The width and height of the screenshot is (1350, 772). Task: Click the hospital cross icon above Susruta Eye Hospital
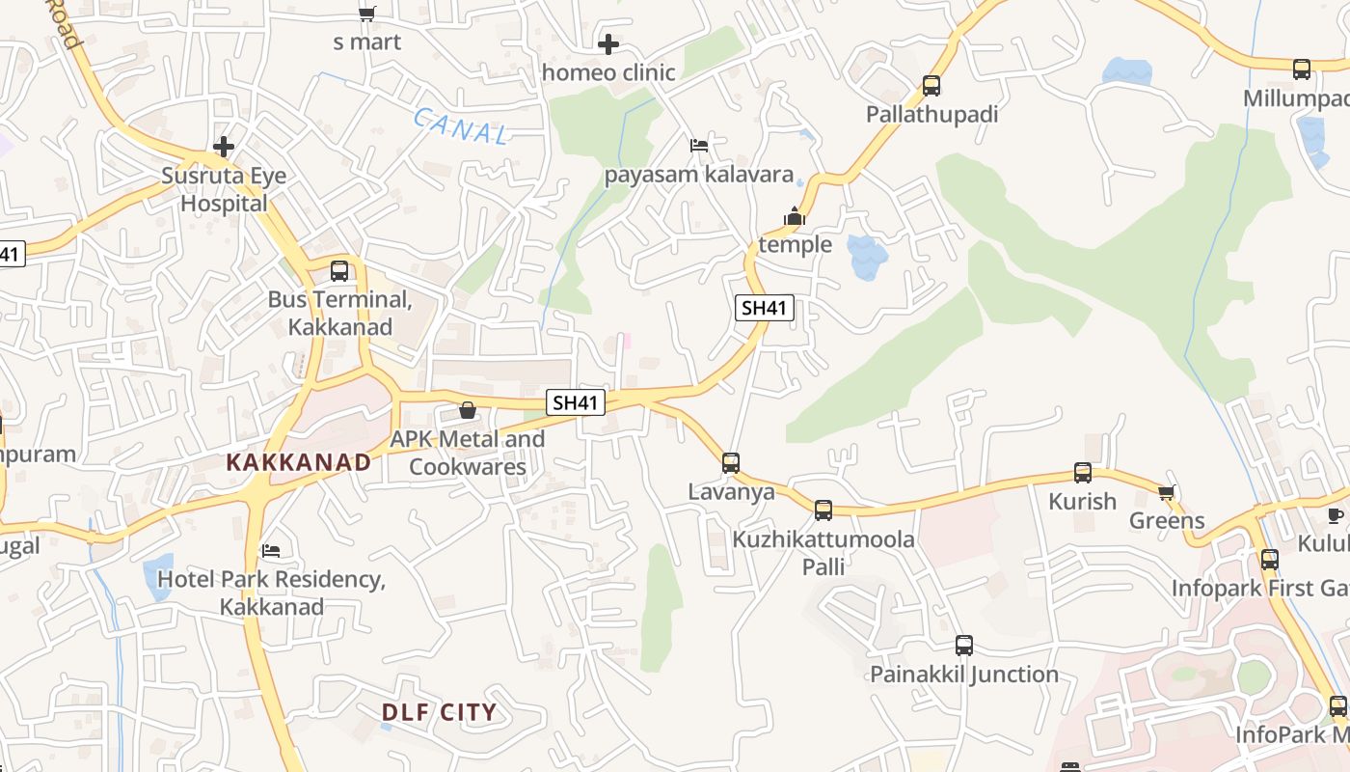(224, 147)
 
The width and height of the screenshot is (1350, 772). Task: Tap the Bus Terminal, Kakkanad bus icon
(338, 271)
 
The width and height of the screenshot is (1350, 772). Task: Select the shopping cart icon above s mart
(366, 14)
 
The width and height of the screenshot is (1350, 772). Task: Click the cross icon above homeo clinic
(608, 44)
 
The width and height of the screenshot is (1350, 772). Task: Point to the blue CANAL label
(461, 126)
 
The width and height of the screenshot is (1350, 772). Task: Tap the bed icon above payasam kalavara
(699, 146)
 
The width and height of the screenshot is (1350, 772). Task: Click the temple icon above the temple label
(795, 216)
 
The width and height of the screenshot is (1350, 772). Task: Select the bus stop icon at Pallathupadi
(931, 85)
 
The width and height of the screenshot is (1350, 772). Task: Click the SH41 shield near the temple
(765, 308)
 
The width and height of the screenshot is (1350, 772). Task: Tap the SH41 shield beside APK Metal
(576, 402)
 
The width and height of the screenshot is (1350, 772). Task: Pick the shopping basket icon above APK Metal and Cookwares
(468, 410)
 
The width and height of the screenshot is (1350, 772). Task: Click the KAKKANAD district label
(299, 462)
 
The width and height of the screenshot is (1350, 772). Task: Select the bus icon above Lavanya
(731, 463)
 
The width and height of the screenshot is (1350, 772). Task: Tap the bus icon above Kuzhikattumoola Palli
(823, 510)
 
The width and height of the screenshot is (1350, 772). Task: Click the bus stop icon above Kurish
(1083, 473)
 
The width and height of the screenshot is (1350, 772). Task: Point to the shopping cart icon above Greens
(1167, 493)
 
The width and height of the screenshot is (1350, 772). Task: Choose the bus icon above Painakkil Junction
(964, 646)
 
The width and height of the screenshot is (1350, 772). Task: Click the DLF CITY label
(439, 713)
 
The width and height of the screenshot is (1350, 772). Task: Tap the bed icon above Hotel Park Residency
(271, 551)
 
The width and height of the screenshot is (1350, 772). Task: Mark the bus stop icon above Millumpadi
(1302, 69)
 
